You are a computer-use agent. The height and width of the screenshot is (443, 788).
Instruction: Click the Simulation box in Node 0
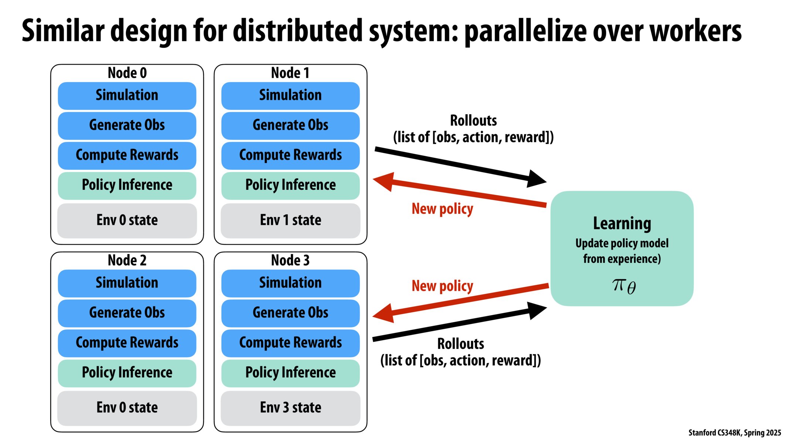pos(127,95)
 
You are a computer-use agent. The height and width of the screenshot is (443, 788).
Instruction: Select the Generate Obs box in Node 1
pos(290,125)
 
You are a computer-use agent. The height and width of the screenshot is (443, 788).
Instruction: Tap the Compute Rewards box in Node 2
pos(127,343)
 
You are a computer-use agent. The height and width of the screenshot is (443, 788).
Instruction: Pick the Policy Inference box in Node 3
pos(290,372)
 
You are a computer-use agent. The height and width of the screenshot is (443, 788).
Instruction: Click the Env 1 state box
pos(290,220)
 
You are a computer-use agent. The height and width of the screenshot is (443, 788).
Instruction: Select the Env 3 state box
pos(290,408)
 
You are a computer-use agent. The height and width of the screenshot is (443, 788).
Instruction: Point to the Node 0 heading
pos(127,73)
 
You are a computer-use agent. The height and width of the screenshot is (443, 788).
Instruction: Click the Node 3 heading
pos(290,260)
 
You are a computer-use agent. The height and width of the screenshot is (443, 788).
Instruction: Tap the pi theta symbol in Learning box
pos(624,286)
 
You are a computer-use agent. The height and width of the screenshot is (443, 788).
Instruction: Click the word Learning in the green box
pos(622,223)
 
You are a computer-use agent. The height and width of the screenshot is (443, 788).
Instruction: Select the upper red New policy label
pos(442,209)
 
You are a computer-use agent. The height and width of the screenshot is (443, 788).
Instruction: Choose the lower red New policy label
pos(442,286)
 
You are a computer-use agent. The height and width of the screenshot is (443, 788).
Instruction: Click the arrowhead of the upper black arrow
pos(536,179)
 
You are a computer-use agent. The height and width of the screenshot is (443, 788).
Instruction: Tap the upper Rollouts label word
pos(473,121)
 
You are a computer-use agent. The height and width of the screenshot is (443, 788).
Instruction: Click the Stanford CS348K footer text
pos(734,433)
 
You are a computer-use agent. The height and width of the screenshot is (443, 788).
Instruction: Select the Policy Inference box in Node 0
pos(127,185)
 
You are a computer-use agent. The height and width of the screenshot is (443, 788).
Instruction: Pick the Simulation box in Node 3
pos(290,283)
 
